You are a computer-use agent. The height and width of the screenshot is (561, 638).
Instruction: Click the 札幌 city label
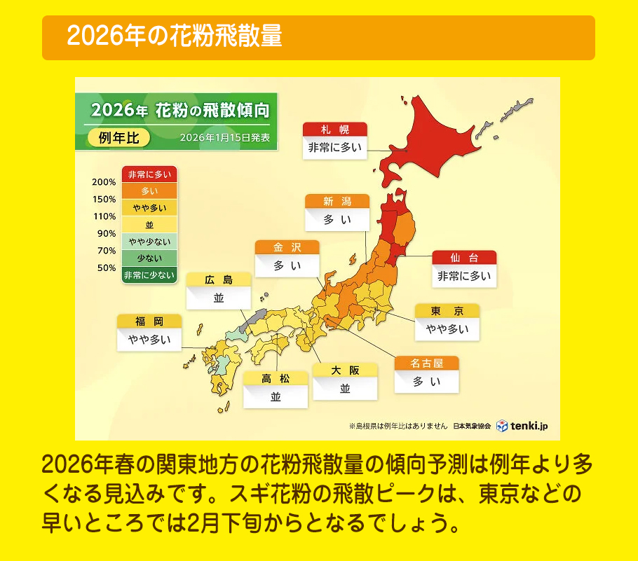coord(335,130)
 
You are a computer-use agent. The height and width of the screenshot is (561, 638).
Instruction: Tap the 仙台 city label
coord(464,258)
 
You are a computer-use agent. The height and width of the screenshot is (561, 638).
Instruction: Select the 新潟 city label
coord(337,202)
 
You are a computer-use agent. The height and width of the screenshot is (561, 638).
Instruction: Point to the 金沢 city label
coord(287,247)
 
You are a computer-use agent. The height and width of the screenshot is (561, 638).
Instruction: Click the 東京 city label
coord(447,311)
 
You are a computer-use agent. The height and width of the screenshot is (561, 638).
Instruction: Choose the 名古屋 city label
coord(426,363)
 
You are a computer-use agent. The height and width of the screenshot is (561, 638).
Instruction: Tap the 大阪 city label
coord(345,370)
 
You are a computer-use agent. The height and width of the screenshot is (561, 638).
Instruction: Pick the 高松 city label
coord(275,379)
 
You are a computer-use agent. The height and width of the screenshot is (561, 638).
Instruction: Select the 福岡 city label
coord(149,321)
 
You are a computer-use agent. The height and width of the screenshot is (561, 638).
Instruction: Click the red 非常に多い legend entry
coord(149,174)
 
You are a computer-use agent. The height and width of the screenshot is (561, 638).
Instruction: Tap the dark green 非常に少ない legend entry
coord(149,275)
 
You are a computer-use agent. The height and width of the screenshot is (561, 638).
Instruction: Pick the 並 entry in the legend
coord(149,225)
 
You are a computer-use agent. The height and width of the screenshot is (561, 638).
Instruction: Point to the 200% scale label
coord(104,182)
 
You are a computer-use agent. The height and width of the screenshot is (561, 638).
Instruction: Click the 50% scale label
coord(107,268)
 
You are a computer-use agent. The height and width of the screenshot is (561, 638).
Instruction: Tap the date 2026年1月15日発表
coord(224,137)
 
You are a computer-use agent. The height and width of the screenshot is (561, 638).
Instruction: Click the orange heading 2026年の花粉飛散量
coord(175,37)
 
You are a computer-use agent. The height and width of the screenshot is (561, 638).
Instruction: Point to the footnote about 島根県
coord(398,426)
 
